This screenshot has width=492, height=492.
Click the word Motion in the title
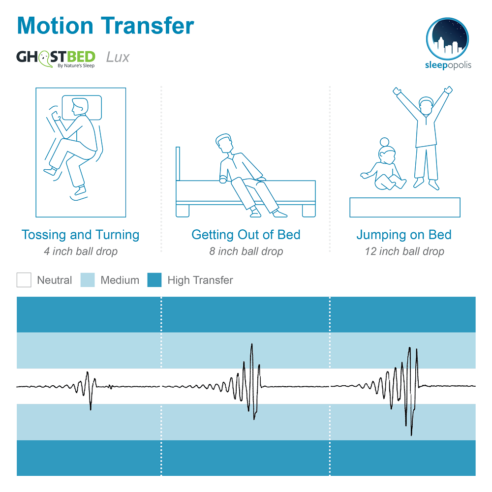coord(55,26)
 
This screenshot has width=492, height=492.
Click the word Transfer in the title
coord(148,26)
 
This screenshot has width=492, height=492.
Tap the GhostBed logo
coord(56,59)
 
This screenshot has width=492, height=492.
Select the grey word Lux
coord(118,57)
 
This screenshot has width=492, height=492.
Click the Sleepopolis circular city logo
coord(447,38)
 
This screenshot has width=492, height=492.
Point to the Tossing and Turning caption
coord(80,235)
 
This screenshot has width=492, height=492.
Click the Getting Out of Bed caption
coord(246,235)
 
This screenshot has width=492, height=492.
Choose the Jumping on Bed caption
coord(404,235)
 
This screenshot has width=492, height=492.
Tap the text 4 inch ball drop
coord(81,251)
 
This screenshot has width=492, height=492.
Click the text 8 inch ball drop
coord(246,251)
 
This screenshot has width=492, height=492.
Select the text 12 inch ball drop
coord(404,251)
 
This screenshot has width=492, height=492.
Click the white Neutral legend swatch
coord(24,280)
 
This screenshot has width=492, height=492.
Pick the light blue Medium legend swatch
coord(88,280)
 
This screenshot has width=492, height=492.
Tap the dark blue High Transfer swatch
coord(154,280)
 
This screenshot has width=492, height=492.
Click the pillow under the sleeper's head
coord(94,108)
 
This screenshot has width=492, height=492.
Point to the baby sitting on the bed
coord(384,166)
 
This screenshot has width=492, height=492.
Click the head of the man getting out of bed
coord(224,143)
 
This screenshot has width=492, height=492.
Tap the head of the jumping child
coord(426,106)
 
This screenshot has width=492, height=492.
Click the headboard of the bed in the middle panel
coord(178,164)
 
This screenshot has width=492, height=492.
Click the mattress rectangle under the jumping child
coord(405,208)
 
